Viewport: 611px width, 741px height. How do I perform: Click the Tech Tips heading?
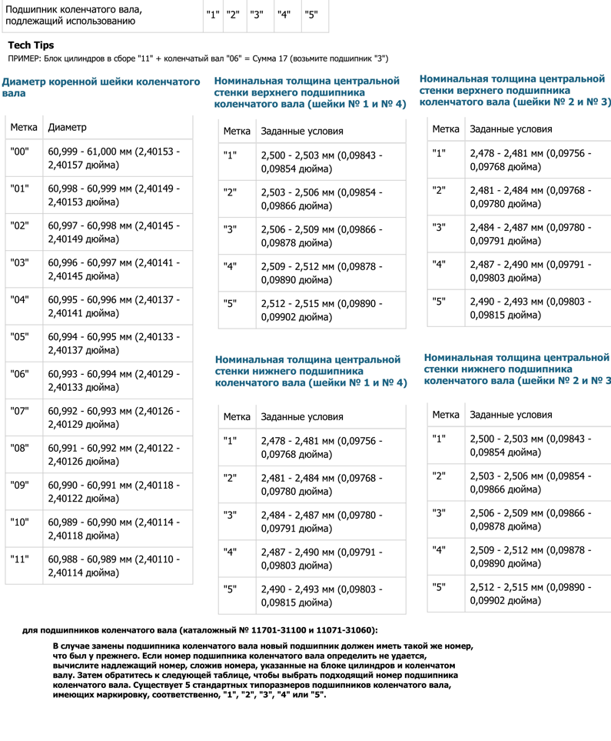pyautogui.click(x=31, y=45)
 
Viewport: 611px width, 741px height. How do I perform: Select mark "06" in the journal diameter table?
pyautogui.click(x=20, y=374)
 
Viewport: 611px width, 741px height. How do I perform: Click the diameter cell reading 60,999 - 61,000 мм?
pyautogui.click(x=114, y=158)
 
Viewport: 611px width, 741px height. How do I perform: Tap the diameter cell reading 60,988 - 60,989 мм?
pyautogui.click(x=114, y=566)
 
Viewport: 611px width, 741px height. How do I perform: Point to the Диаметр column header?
pyautogui.click(x=67, y=127)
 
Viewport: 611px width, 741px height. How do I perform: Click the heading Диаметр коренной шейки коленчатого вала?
pyautogui.click(x=101, y=87)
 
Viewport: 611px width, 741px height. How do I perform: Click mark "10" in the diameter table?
pyautogui.click(x=20, y=522)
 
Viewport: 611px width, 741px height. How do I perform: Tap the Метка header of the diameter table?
pyautogui.click(x=23, y=127)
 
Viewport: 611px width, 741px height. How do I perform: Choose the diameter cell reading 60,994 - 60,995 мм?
pyautogui.click(x=114, y=343)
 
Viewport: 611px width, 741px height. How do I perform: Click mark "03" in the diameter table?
pyautogui.click(x=20, y=262)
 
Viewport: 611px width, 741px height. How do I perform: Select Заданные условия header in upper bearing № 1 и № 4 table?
pyautogui.click(x=302, y=132)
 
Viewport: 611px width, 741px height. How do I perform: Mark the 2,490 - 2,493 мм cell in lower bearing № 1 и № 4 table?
pyautogui.click(x=321, y=596)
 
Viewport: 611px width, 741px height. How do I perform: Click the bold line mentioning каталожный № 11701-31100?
pyautogui.click(x=200, y=630)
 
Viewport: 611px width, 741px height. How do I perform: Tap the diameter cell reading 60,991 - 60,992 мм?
pyautogui.click(x=114, y=455)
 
